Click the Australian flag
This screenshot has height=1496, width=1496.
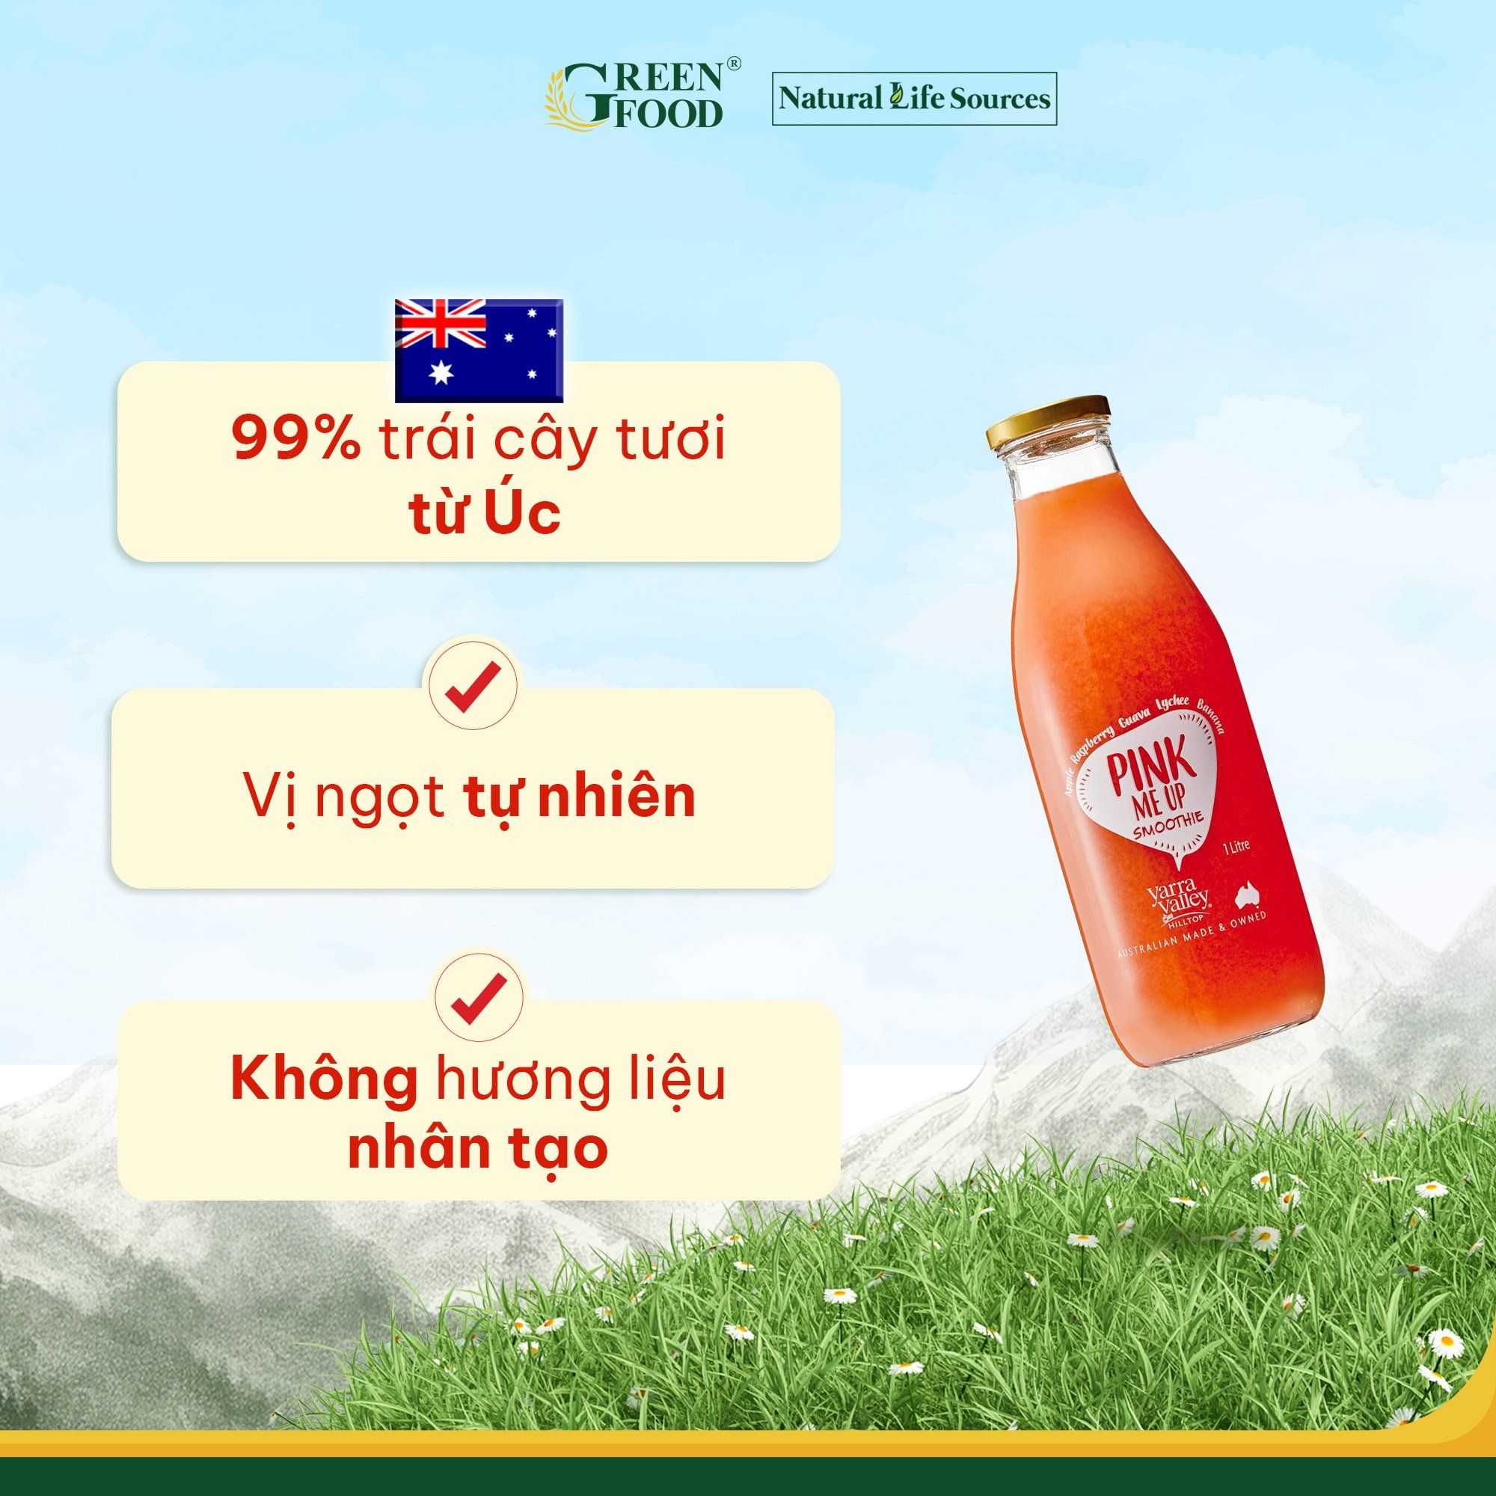tap(479, 351)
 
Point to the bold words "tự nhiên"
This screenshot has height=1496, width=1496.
tap(579, 797)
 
